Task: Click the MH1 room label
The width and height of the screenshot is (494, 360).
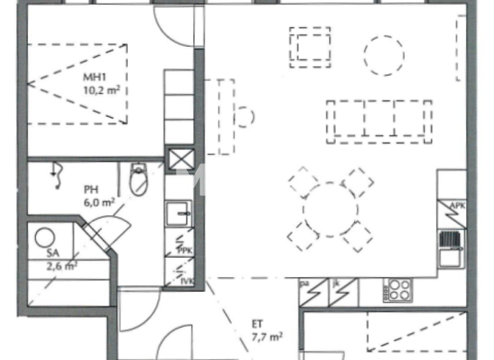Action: [x=95, y=78]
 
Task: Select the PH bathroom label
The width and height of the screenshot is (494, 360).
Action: [x=90, y=190]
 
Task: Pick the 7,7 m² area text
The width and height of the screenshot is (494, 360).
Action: [x=267, y=336]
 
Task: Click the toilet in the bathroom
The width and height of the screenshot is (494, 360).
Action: [x=138, y=179]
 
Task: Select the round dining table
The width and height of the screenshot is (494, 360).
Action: [x=330, y=210]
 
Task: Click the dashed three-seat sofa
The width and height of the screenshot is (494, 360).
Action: [x=379, y=120]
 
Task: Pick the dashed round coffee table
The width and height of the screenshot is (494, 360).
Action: [x=384, y=55]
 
